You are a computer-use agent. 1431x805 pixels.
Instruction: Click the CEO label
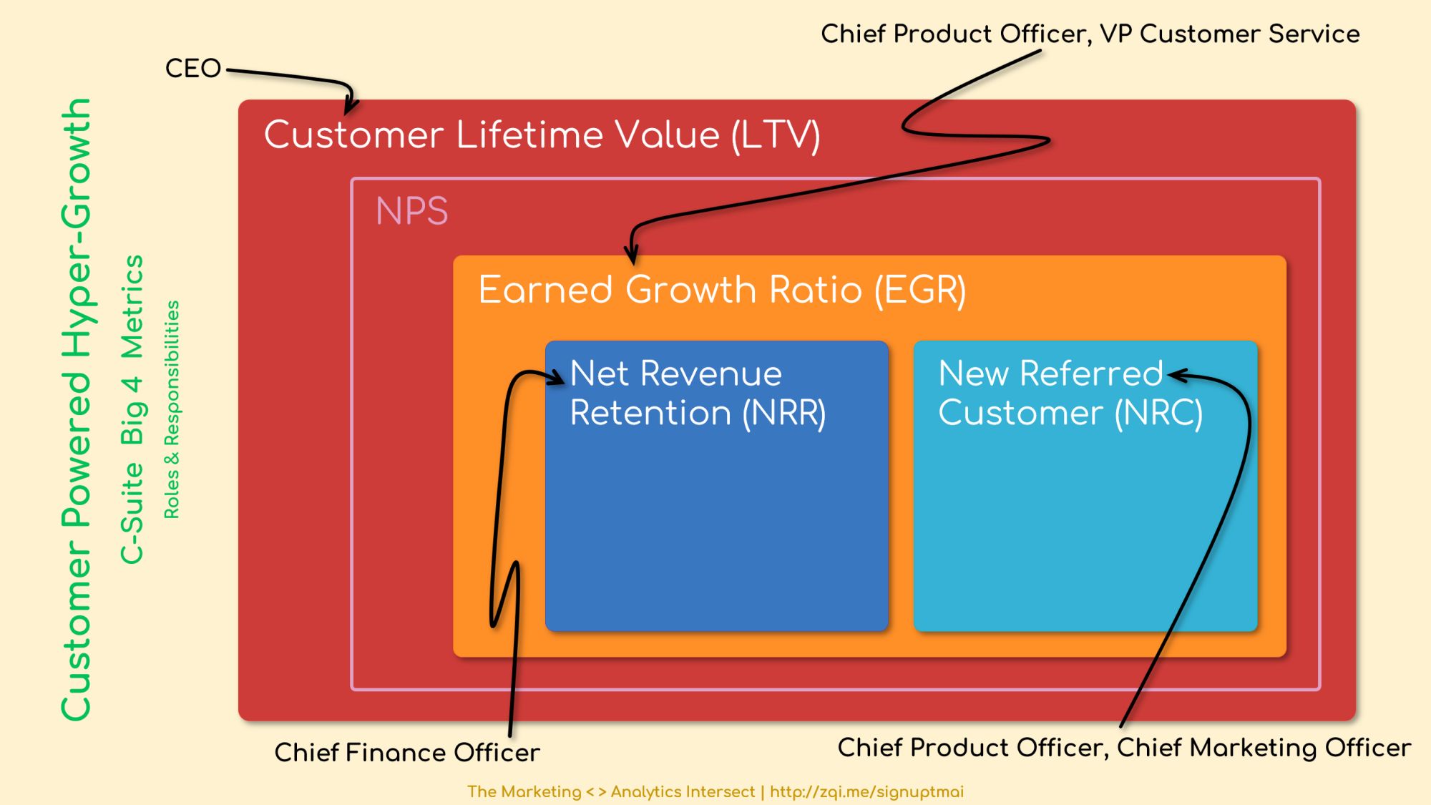coord(193,69)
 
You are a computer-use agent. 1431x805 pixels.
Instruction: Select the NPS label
coord(412,211)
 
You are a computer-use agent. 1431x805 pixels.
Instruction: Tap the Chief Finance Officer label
coord(407,753)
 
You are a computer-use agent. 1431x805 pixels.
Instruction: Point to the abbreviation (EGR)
coord(920,291)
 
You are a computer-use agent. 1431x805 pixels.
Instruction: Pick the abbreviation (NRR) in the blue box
coord(784,414)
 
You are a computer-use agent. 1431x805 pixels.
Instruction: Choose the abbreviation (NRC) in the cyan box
coord(1159,414)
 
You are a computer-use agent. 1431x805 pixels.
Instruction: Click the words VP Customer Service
coord(1230,34)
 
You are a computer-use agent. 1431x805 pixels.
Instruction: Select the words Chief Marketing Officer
coord(1264,748)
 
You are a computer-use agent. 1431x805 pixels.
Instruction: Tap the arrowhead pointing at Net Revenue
coord(557,377)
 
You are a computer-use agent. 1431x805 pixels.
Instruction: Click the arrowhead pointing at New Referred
coord(1177,375)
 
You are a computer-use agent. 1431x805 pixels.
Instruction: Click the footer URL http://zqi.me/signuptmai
coord(866,792)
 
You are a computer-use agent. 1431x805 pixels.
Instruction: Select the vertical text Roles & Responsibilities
coord(172,409)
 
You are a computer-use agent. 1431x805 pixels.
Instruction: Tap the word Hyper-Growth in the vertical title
coord(76,228)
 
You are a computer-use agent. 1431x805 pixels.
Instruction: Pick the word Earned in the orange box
coord(546,290)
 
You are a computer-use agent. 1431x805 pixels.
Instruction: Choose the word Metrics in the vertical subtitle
coord(132,307)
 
